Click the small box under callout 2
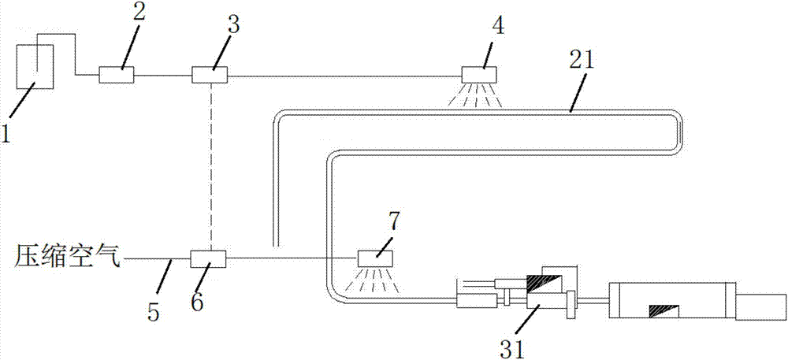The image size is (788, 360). (x=117, y=76)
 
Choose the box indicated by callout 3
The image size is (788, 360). (x=210, y=75)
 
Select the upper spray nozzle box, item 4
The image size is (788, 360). (x=479, y=75)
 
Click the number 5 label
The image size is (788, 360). (x=154, y=311)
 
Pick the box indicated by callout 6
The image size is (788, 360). (x=209, y=258)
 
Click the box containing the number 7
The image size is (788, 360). (x=376, y=258)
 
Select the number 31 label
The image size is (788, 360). (x=513, y=344)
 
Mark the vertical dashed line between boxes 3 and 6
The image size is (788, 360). (x=210, y=165)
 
